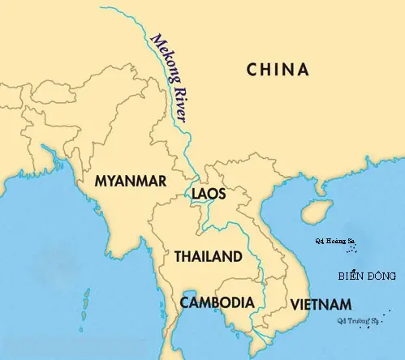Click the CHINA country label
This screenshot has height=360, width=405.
[278, 70]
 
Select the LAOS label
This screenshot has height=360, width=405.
[209, 195]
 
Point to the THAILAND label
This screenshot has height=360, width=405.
[208, 257]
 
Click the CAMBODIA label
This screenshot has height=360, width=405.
[217, 302]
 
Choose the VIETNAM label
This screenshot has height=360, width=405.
[321, 304]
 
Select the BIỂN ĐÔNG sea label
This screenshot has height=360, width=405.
[367, 277]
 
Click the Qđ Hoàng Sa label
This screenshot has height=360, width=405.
[334, 242]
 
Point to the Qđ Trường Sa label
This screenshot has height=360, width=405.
[352, 321]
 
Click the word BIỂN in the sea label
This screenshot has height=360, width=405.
[351, 277]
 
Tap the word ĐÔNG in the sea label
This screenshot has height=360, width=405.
[381, 277]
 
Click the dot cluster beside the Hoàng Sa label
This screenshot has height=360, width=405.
[368, 245]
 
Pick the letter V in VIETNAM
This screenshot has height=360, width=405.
[295, 304]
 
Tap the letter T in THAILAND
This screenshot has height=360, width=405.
[178, 257]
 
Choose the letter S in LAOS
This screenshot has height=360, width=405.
[222, 195]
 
